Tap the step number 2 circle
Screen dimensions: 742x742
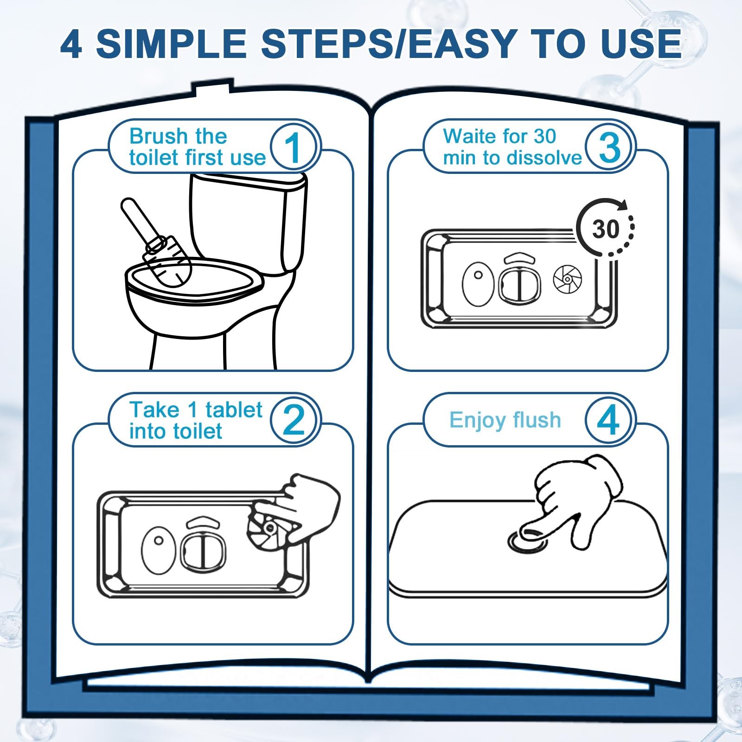coord(293,420)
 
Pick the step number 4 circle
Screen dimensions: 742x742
coord(608,420)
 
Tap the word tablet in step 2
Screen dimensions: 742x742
coord(234,409)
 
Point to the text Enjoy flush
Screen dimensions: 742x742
coord(505,421)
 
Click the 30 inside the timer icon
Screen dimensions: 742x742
coord(606,229)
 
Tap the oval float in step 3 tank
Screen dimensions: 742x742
coord(478,284)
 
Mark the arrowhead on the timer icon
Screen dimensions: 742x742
coord(623,205)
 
